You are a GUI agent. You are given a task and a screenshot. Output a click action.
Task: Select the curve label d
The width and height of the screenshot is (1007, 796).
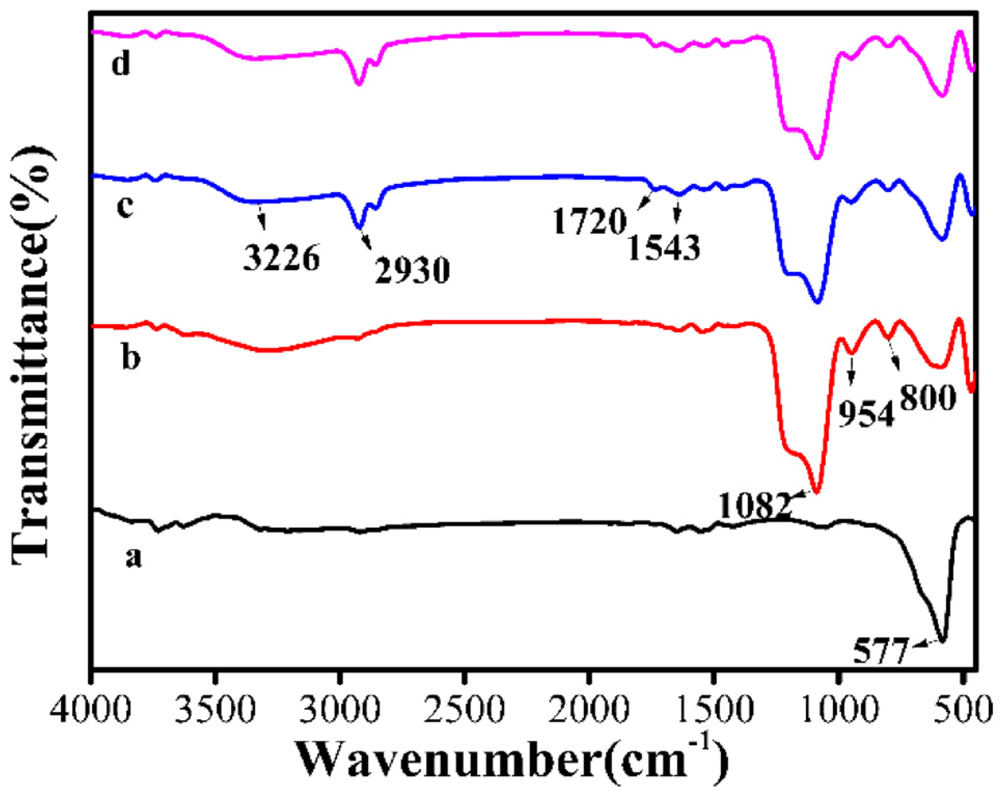[121, 64]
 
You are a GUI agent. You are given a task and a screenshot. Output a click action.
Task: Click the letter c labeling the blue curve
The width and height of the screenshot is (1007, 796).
[125, 206]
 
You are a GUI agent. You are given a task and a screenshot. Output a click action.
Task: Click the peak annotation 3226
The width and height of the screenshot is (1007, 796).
[282, 258]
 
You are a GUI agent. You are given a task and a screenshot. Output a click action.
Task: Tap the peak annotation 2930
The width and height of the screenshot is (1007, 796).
[412, 271]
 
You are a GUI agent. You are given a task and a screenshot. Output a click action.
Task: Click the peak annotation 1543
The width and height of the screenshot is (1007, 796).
[664, 247]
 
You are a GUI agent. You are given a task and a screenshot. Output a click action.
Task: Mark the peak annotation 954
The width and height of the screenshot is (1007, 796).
[867, 414]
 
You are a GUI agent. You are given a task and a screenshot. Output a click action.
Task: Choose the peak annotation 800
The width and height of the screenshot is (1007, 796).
[928, 399]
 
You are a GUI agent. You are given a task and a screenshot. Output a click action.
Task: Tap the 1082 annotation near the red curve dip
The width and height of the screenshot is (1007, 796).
[755, 505]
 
